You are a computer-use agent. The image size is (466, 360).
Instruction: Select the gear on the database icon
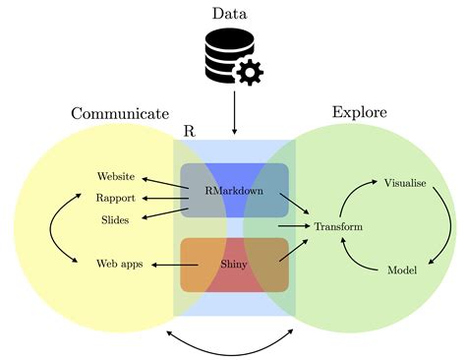251,72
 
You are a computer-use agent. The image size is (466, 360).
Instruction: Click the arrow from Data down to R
234,113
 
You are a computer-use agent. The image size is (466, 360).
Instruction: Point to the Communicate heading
120,114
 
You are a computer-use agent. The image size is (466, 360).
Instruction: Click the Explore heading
359,112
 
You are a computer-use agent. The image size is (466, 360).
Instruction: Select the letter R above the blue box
189,131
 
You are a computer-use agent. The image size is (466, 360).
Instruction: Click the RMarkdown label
234,191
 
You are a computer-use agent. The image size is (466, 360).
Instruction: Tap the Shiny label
234,264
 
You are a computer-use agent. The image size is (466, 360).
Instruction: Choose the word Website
116,177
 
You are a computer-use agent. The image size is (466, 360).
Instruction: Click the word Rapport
116,198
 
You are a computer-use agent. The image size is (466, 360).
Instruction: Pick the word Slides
115,219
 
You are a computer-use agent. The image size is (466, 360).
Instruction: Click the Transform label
338,227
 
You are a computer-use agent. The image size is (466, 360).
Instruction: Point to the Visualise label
404,183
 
